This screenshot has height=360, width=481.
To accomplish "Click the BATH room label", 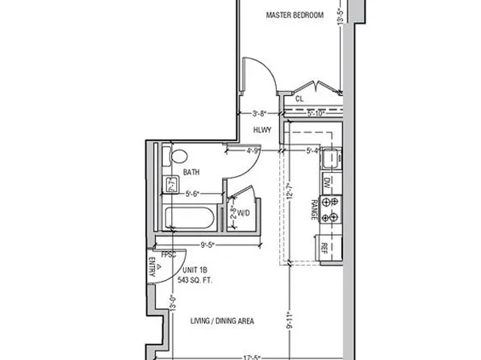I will point(191,173).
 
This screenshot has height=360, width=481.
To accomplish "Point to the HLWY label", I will point(262,129).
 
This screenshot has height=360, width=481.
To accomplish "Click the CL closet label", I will point(299,98).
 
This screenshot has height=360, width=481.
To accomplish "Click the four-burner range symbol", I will point(329,210).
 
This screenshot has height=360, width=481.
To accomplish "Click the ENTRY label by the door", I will point(151,266).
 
